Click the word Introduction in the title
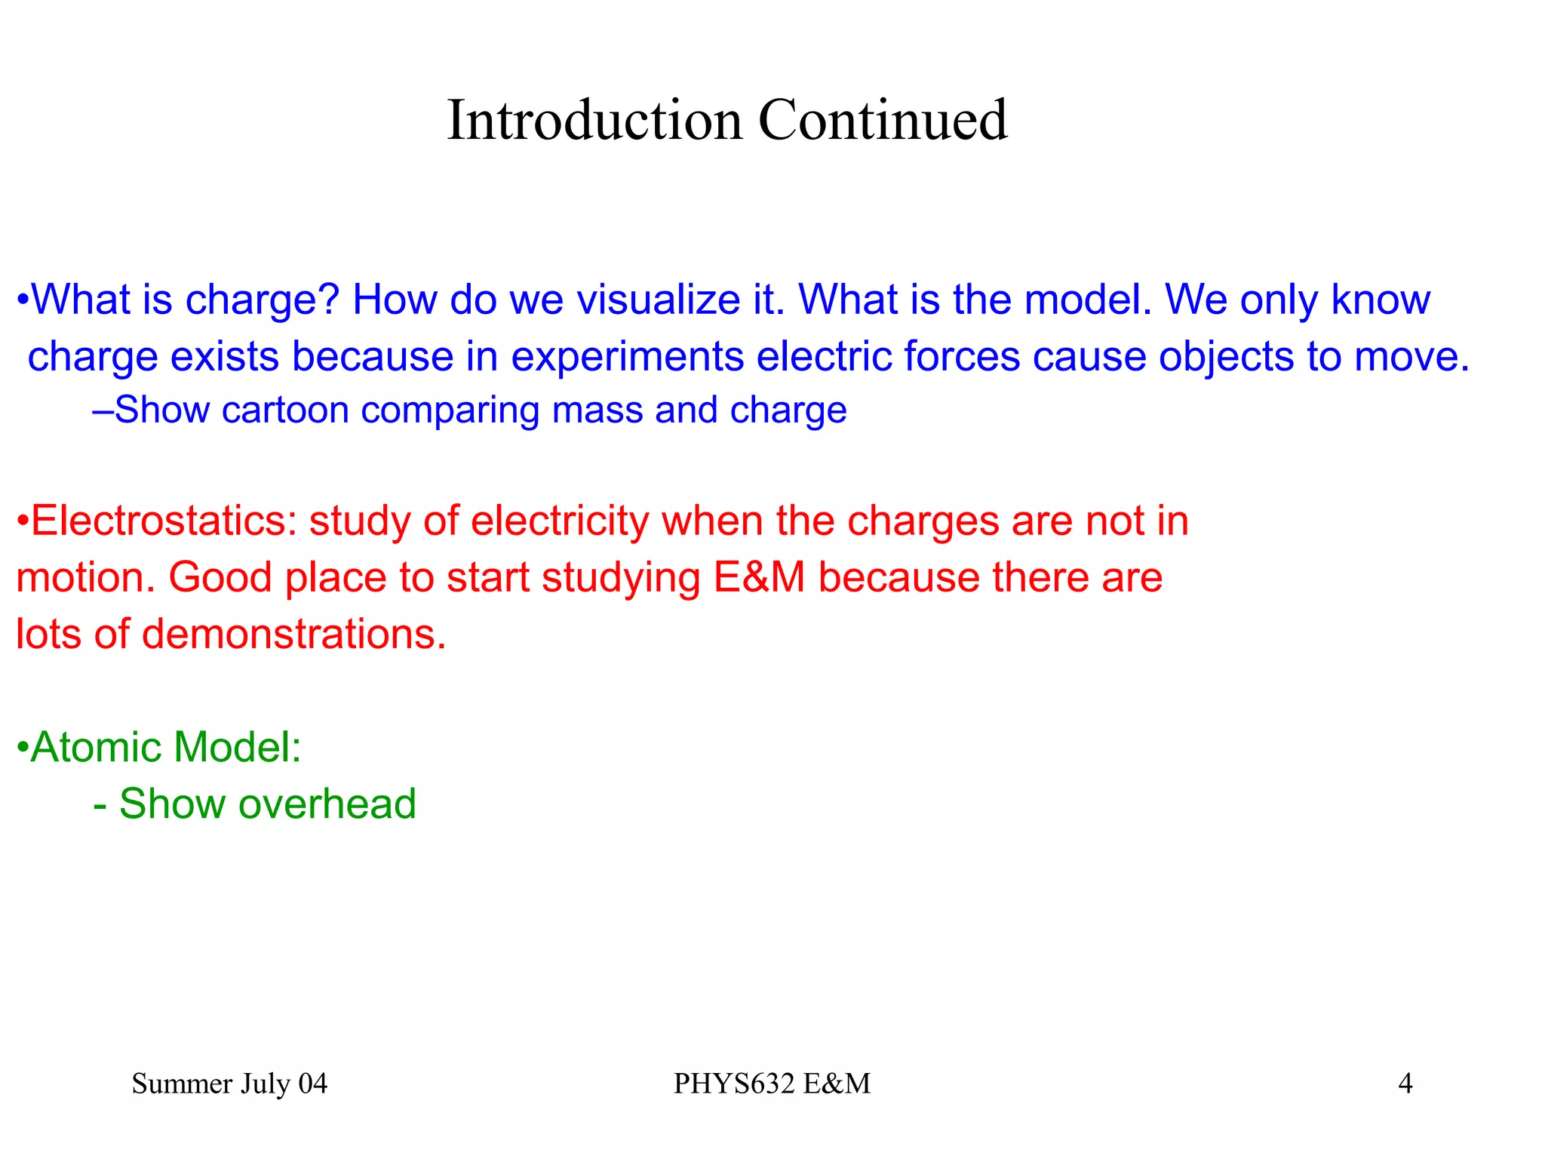[x=594, y=121]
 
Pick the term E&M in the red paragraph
[x=759, y=577]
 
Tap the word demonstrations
[x=294, y=634]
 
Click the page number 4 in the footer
[x=1405, y=1084]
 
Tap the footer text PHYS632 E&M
[x=772, y=1084]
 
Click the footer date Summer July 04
[x=229, y=1084]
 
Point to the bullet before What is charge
[x=23, y=301]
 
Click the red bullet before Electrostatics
[x=23, y=522]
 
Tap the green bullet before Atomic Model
[x=23, y=749]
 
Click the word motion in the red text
[x=84, y=577]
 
